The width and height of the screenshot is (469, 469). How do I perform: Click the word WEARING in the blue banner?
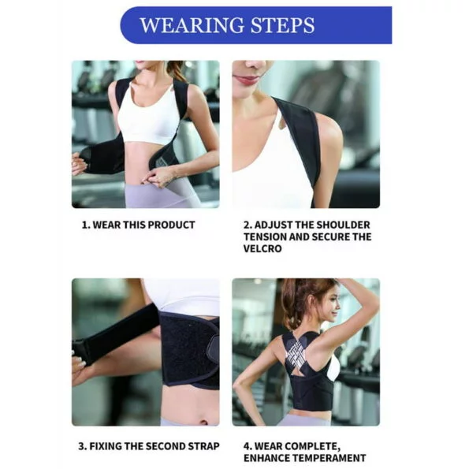point(192,25)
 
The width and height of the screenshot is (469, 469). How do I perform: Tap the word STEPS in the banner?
point(283,25)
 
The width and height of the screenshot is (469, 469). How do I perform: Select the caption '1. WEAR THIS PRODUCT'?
point(139,225)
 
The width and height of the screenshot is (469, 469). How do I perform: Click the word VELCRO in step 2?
point(262,248)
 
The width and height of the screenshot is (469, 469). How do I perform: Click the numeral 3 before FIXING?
point(81,446)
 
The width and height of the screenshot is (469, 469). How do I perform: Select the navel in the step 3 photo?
point(203,422)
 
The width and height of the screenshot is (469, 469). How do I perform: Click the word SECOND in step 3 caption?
point(162,446)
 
